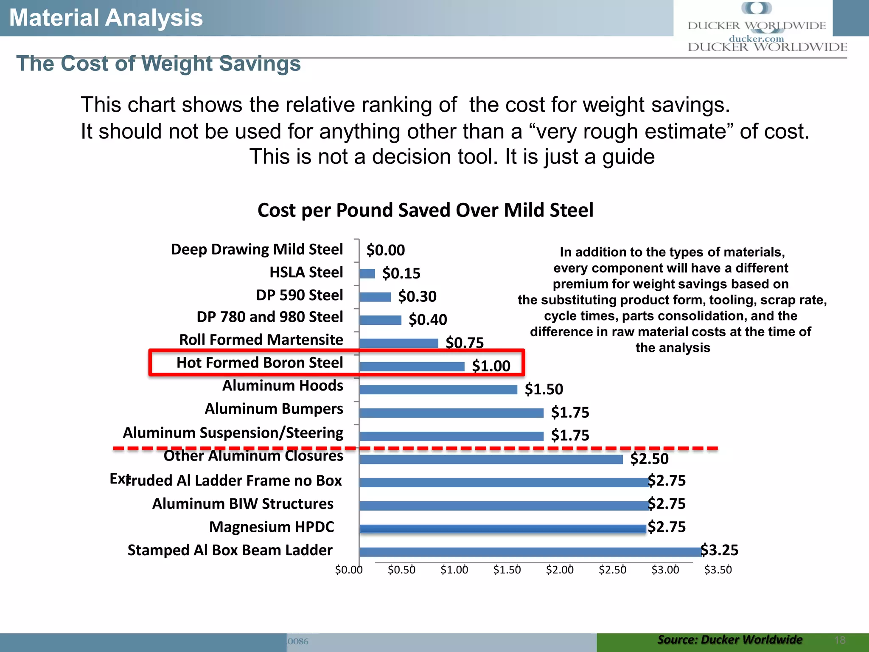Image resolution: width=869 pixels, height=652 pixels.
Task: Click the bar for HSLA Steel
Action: tap(367, 274)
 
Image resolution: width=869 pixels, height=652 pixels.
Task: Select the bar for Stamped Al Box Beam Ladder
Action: tap(530, 552)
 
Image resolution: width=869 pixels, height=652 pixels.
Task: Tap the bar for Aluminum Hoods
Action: tap(438, 390)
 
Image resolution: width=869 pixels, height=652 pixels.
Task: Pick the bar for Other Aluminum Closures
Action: tap(491, 459)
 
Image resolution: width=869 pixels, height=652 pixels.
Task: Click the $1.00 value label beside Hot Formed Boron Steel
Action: tap(491, 366)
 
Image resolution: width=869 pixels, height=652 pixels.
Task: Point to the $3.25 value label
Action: tap(719, 550)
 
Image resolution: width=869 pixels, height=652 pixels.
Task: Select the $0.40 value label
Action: tap(428, 320)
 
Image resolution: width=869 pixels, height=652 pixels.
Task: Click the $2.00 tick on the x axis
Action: tap(560, 570)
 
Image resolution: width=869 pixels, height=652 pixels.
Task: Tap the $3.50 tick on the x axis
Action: tap(718, 570)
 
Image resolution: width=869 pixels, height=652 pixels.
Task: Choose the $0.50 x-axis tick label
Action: tap(401, 570)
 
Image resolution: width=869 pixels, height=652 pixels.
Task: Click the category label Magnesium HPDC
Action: tap(272, 527)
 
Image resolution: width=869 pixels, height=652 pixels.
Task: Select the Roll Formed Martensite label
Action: tap(261, 340)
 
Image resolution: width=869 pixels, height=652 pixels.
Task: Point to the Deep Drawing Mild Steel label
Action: tap(257, 249)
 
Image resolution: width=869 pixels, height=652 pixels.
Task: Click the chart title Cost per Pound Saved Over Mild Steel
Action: tap(425, 210)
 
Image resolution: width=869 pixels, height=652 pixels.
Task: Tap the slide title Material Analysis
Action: tap(106, 18)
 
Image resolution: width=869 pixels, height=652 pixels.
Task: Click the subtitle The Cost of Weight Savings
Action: tap(158, 64)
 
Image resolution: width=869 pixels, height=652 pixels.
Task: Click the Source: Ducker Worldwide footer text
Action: tap(729, 640)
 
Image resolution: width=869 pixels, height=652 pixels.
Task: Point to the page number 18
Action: tap(840, 640)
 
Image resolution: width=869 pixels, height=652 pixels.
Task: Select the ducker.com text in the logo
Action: tap(756, 39)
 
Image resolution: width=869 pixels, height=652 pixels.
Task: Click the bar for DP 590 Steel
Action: tap(375, 297)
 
